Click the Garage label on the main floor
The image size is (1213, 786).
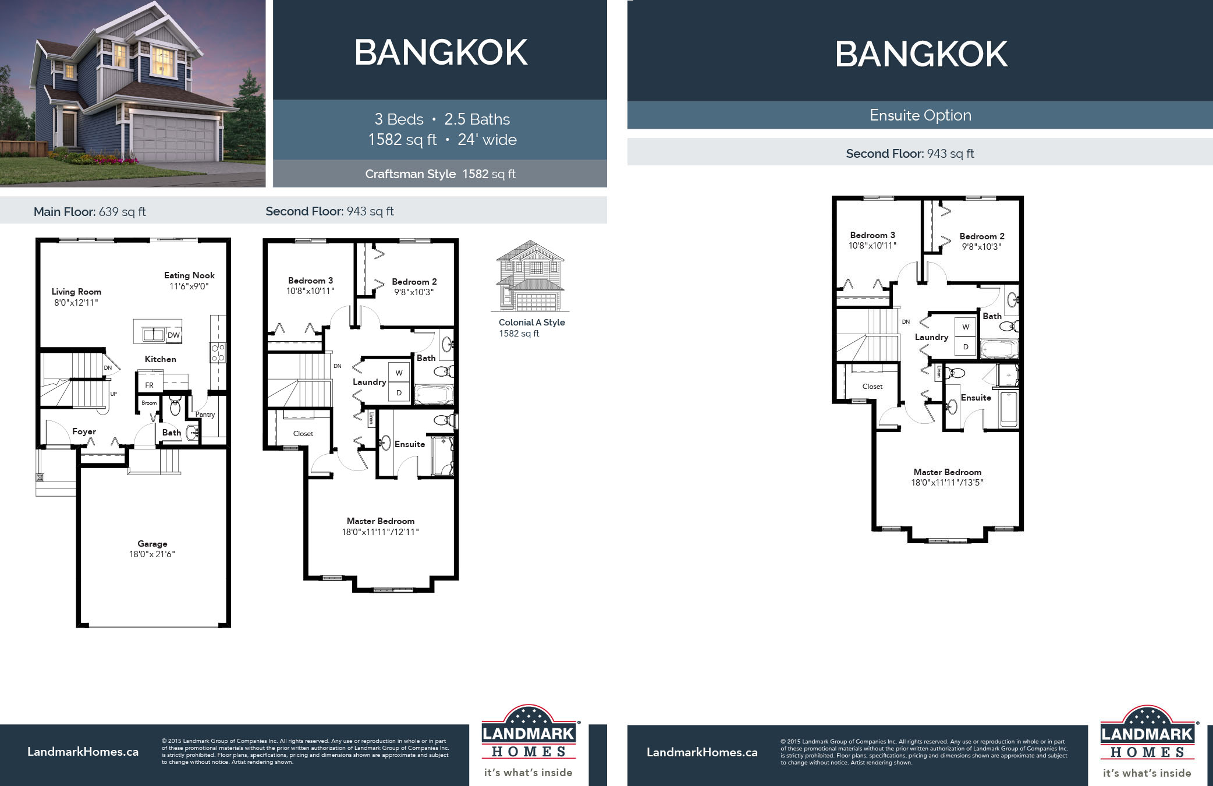pos(152,543)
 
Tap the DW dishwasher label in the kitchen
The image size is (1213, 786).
pos(173,335)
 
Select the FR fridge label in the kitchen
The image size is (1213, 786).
pos(149,385)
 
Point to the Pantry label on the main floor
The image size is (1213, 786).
pos(205,415)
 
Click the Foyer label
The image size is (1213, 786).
pos(84,431)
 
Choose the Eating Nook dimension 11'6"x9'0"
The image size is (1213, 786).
pos(189,286)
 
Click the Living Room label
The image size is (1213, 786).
pos(76,292)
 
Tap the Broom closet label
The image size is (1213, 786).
pos(149,403)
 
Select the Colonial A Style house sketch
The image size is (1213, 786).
pos(530,276)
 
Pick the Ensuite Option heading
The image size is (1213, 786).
pos(920,115)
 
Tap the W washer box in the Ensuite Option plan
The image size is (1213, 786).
pos(966,327)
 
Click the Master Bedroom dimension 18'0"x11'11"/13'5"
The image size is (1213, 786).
pos(947,482)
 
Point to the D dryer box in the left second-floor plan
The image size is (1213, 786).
pos(399,393)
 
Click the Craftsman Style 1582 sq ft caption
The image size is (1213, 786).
pos(440,174)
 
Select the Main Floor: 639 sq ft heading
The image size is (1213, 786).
pos(90,212)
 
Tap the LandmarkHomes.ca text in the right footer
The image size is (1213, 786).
pos(702,752)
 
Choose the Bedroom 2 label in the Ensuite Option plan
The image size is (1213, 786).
pos(981,236)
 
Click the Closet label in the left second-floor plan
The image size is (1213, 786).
pos(303,434)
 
